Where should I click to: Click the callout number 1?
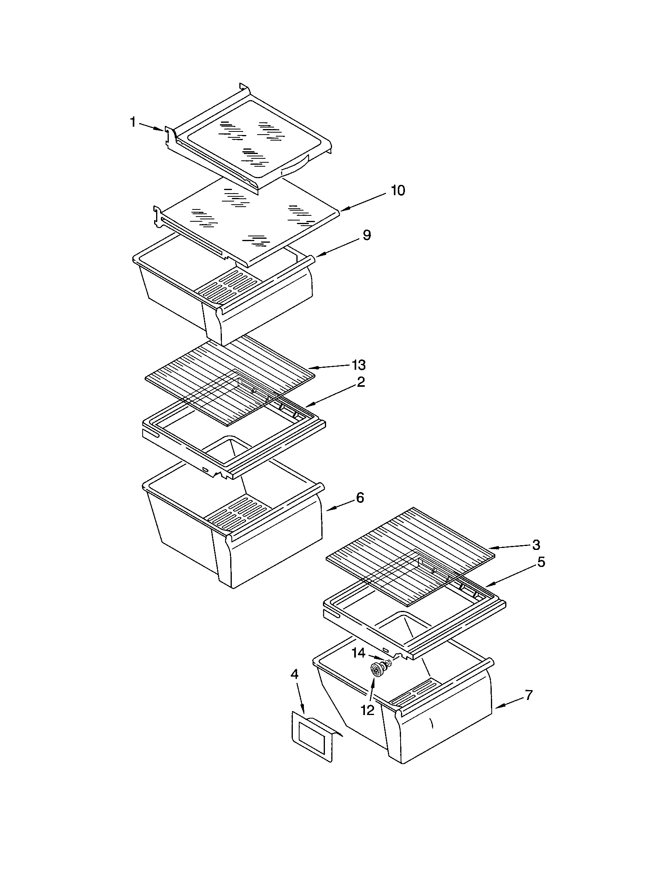133,122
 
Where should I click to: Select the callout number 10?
397,191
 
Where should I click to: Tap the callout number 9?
367,235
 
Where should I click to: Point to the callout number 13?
358,365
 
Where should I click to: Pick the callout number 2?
360,382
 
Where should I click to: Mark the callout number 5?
541,562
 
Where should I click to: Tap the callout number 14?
358,653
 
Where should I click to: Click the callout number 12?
368,709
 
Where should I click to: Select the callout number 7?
528,695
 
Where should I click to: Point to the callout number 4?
294,674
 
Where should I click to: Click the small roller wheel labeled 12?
377,669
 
